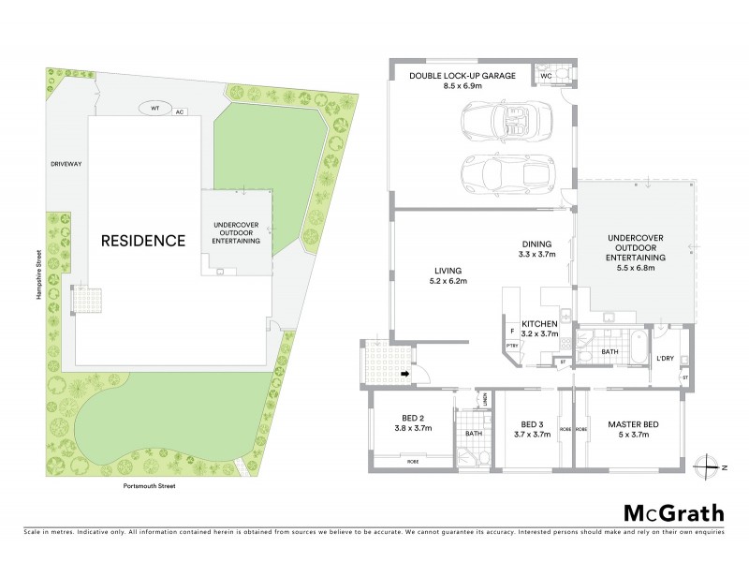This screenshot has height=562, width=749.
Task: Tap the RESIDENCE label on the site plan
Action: tap(142, 240)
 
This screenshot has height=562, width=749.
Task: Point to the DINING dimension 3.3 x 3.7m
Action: tap(537, 253)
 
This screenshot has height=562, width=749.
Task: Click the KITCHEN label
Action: tap(539, 321)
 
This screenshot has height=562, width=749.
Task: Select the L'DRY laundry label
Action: tap(666, 358)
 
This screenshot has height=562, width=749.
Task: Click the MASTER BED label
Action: tap(634, 424)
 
